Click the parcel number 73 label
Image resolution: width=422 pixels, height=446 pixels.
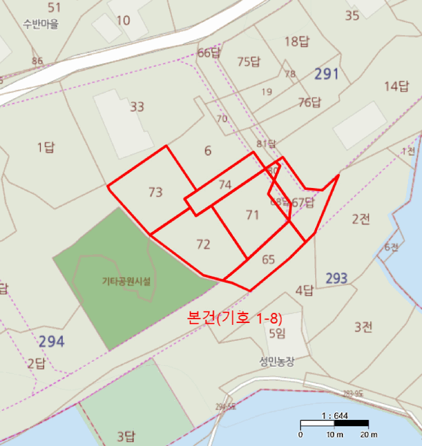pyautogui.click(x=155, y=192)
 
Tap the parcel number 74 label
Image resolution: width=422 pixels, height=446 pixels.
pyautogui.click(x=225, y=185)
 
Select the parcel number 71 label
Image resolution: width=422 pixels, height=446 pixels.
pyautogui.click(x=253, y=215)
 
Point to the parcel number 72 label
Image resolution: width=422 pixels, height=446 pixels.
pyautogui.click(x=203, y=244)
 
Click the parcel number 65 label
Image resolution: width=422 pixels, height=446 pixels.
pyautogui.click(x=268, y=259)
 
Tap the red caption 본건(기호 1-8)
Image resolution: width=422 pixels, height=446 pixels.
pyautogui.click(x=234, y=318)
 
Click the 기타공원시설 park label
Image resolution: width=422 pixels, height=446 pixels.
pyautogui.click(x=127, y=280)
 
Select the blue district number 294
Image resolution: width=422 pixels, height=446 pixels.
pyautogui.click(x=51, y=342)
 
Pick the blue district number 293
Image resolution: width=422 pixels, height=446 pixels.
pyautogui.click(x=337, y=278)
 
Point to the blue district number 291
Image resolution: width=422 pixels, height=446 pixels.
pyautogui.click(x=327, y=74)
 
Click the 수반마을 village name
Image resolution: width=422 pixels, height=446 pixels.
pyautogui.click(x=40, y=25)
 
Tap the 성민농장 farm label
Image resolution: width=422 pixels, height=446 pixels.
pyautogui.click(x=277, y=361)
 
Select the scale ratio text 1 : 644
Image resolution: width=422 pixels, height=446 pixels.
pyautogui.click(x=335, y=415)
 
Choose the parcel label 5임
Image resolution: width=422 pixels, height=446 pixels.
pyautogui.click(x=277, y=333)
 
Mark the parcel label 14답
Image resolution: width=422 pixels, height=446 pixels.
pyautogui.click(x=395, y=86)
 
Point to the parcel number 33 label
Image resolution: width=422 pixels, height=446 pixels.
pyautogui.click(x=137, y=106)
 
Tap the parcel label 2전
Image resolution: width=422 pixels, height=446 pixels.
pyautogui.click(x=361, y=219)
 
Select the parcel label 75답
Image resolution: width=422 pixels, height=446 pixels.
pyautogui.click(x=249, y=62)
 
